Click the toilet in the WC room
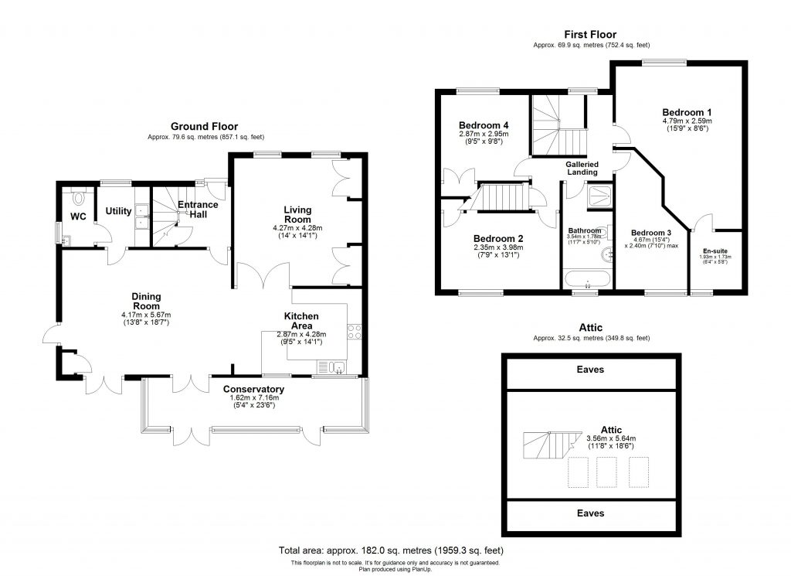pos(76,195)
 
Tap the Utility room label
pos(119,210)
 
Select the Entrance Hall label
pos(198,210)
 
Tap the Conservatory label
pos(253,389)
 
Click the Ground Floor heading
pos(204,127)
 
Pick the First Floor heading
pos(590,34)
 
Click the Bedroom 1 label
pos(687,111)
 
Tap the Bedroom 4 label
pos(483,125)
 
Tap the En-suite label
pos(714,251)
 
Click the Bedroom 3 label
pos(650,233)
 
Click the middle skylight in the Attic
pos(606,472)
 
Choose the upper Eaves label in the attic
pos(590,370)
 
